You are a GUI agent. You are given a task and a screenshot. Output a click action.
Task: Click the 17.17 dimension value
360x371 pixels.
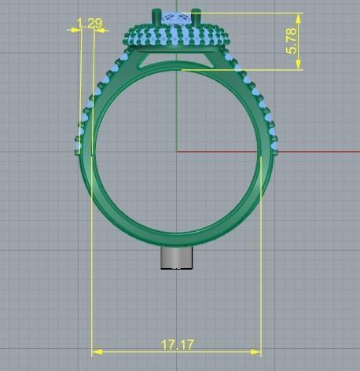[178, 344]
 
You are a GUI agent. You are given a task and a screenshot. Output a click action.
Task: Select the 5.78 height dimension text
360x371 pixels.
[292, 41]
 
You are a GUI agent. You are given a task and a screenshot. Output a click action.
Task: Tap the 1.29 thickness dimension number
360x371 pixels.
[90, 24]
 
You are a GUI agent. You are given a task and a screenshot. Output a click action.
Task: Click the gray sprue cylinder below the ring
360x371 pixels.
[177, 258]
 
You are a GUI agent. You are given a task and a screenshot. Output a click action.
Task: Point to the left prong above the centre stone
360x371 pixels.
[156, 15]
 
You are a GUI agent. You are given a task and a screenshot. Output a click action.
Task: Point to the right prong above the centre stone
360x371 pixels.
[197, 15]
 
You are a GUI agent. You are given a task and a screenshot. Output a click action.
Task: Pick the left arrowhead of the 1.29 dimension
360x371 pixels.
[76, 29]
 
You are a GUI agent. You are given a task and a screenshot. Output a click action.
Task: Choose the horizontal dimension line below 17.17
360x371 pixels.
[178, 352]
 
